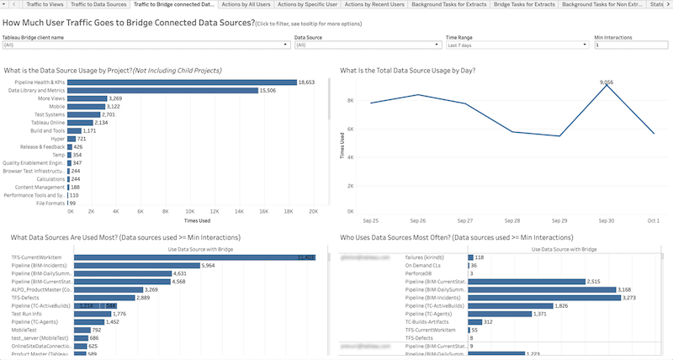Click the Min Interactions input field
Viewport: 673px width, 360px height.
point(631,45)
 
